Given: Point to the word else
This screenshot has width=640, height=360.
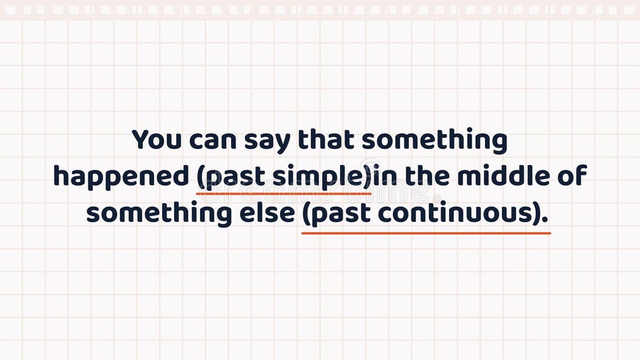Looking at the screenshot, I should tap(265, 212).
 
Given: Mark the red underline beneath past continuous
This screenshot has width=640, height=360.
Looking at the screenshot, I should tap(426, 232).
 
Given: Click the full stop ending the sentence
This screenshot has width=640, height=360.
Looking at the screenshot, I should tap(546, 219).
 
